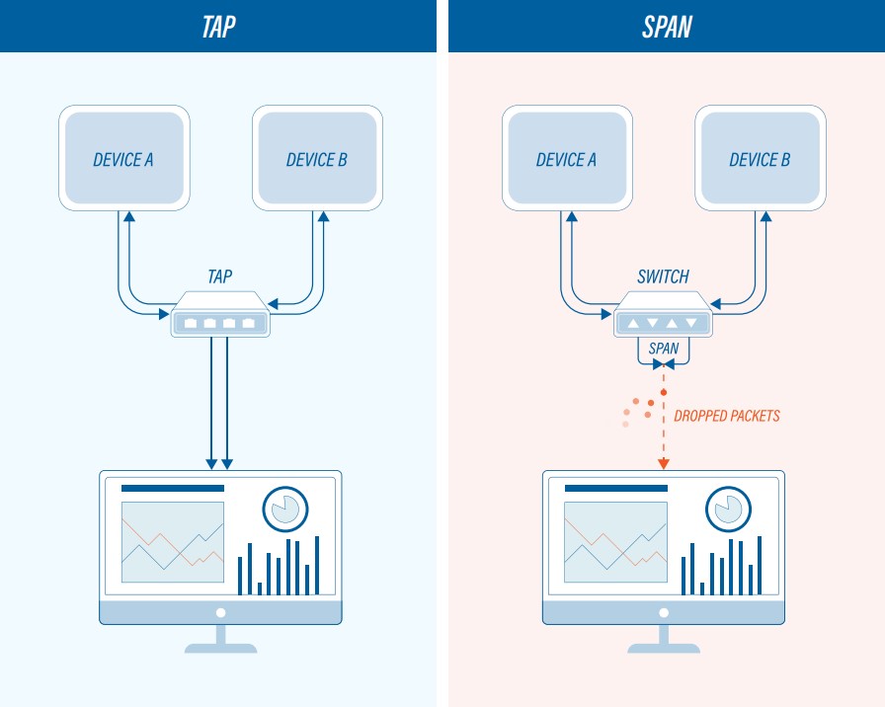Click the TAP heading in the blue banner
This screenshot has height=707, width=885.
point(218,26)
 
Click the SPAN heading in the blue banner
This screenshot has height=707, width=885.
point(667,26)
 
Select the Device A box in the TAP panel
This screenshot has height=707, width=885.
point(123,159)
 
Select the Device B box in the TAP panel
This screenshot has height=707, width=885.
point(317,159)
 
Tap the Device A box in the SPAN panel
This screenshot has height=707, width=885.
point(566,159)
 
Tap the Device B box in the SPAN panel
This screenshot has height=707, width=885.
point(760,159)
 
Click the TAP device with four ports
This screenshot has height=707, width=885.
point(220,317)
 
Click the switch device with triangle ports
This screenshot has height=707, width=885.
point(663,317)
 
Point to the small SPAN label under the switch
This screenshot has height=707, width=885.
point(663,349)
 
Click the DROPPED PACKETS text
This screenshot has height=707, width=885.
point(726,416)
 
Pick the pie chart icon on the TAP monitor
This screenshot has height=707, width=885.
point(285,509)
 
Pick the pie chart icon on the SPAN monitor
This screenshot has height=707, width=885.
point(729,509)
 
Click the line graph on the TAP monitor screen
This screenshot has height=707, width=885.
point(172,542)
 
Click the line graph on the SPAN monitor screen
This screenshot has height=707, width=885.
point(614,542)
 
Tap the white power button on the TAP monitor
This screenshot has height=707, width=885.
point(220,612)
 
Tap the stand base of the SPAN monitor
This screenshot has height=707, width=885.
point(664,649)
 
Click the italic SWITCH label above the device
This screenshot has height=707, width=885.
point(663,277)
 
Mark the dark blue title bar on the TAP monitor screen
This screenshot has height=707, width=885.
point(172,488)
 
